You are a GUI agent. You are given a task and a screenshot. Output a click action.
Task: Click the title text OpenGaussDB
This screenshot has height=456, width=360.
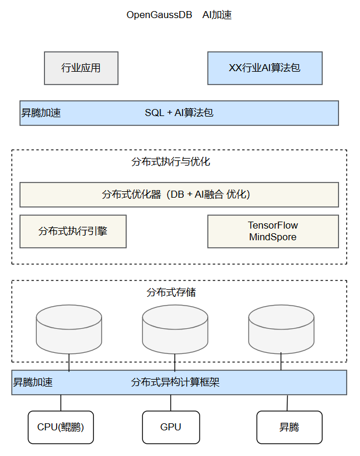pos(159,15)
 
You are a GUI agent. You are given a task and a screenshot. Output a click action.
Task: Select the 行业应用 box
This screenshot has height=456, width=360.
pos(81,68)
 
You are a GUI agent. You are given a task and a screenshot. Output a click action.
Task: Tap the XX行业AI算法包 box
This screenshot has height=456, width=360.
pos(265,68)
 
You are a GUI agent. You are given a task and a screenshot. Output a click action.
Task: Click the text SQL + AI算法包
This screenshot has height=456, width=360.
pos(179,113)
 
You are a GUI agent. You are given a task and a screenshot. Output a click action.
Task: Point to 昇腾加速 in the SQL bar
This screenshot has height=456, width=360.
pos(41,113)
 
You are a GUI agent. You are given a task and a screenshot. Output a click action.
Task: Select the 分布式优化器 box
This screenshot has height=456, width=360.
pos(179,195)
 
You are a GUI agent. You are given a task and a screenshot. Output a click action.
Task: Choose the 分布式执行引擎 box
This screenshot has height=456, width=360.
pos(73,231)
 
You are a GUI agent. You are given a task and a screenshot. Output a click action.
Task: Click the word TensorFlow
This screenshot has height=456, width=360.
pos(272,225)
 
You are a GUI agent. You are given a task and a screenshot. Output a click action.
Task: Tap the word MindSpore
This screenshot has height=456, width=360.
pos(272,237)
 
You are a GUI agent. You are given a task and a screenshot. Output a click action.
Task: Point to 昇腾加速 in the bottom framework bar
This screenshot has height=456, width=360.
pos(33,383)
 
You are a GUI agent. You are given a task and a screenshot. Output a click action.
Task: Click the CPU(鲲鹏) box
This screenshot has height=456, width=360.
pos(61,427)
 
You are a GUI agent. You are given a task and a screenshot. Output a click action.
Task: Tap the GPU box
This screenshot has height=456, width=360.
pos(171,427)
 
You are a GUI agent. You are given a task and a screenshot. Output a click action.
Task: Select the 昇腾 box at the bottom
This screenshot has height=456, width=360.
pos(289,427)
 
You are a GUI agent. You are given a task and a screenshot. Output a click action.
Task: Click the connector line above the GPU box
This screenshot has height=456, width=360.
pos(171,403)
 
